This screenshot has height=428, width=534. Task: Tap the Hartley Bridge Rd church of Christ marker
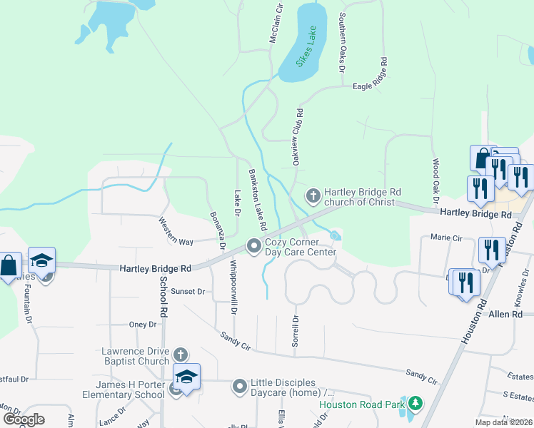pyautogui.click(x=313, y=195)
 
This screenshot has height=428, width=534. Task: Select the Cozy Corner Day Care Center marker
pyautogui.click(x=253, y=246)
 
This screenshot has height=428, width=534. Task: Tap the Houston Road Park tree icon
pyautogui.click(x=415, y=404)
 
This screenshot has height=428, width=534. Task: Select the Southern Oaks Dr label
pyautogui.click(x=342, y=43)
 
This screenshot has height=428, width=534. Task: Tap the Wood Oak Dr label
pyautogui.click(x=435, y=179)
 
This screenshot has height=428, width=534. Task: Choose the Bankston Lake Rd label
pyautogui.click(x=257, y=200)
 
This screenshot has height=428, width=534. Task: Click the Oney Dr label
pyautogui.click(x=143, y=325)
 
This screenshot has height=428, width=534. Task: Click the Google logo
pyautogui.click(x=24, y=419)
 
